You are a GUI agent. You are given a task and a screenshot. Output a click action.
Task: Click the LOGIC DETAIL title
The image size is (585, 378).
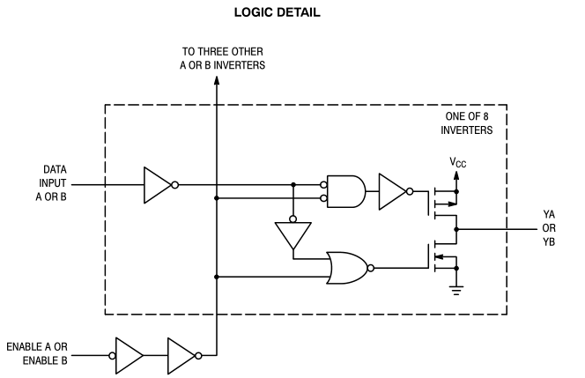277,12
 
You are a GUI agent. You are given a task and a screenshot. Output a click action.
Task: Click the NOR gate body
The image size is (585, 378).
348,268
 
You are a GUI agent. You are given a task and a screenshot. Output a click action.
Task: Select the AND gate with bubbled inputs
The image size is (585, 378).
346,191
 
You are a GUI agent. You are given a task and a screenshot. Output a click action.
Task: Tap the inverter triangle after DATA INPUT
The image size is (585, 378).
158,185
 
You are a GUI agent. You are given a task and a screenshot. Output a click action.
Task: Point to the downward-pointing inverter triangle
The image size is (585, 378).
293,235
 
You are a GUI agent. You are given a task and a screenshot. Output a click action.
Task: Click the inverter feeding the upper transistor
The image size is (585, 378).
392,191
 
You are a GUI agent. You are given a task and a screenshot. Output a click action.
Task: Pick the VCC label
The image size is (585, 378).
458,162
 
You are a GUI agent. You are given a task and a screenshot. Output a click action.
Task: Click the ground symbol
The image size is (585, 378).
455,290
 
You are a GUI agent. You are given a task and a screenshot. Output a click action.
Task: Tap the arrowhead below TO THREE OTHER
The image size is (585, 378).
217,80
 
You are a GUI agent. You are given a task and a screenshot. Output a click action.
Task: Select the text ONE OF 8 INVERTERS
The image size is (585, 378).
467,123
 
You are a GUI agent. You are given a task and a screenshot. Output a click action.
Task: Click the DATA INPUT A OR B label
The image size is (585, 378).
51,183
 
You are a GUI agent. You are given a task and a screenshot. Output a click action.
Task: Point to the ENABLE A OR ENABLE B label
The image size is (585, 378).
37,353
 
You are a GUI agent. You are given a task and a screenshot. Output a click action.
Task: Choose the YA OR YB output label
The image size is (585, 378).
549,228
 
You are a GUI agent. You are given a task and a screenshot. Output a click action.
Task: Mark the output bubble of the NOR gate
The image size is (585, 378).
371,268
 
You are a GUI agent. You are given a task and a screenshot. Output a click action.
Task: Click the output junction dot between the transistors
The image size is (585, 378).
455,229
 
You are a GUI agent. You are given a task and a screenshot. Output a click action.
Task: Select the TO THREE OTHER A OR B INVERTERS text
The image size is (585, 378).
222,58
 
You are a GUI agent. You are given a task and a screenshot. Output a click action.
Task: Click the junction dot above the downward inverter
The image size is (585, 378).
293,185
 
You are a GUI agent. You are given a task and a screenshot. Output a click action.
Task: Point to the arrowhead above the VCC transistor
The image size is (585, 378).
455,175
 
